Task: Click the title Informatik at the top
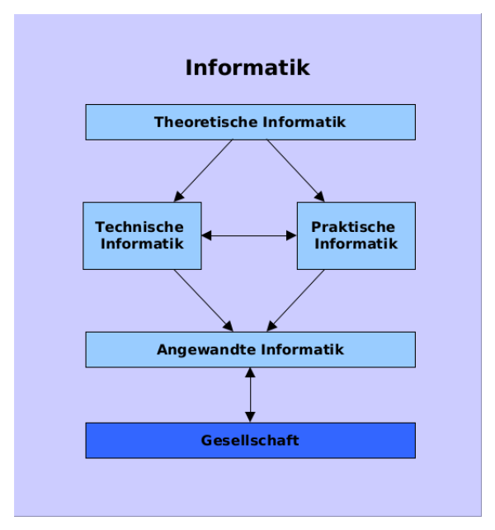pos(247,67)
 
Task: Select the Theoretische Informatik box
pos(250,122)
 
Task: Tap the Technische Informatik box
pos(141,235)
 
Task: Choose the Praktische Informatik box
pos(356,235)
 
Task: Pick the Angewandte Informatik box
pos(250,349)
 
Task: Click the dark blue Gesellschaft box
pos(250,440)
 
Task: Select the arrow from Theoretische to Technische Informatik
pos(203,171)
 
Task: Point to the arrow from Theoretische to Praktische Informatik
pos(295,171)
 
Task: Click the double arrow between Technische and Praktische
pos(249,235)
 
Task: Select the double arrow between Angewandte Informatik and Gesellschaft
pos(250,395)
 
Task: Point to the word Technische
pos(139,227)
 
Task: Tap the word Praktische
pos(353,227)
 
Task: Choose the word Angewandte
pos(206,349)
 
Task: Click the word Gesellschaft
pos(250,440)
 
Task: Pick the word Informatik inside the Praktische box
pos(356,244)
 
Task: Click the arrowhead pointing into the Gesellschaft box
pos(250,417)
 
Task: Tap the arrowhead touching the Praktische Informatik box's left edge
pos(291,235)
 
